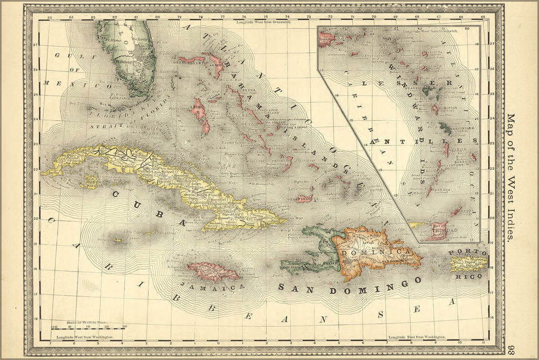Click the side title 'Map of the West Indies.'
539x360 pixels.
[x=510, y=177]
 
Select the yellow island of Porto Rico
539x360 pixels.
[x=468, y=264]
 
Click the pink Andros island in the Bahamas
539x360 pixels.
[x=201, y=115]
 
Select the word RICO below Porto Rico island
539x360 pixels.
[x=468, y=276]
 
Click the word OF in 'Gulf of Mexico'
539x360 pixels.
[x=77, y=69]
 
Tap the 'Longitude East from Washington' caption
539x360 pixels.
[x=417, y=337]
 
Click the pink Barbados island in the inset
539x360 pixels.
[x=473, y=157]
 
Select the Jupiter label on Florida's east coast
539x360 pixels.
[x=164, y=52]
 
